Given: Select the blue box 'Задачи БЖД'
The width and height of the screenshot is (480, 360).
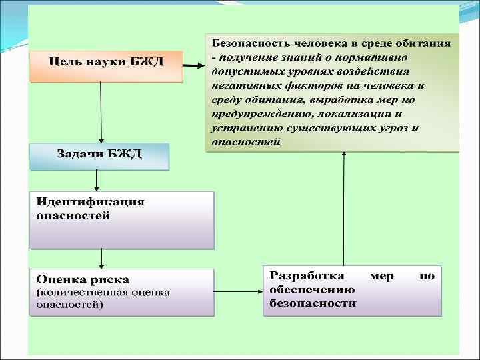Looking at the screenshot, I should (x=99, y=155).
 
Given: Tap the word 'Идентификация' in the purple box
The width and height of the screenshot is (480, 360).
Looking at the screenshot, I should (x=90, y=202).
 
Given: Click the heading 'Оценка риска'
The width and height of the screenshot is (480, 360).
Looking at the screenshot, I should (x=83, y=279).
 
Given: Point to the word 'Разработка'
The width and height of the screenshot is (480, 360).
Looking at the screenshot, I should (x=307, y=276).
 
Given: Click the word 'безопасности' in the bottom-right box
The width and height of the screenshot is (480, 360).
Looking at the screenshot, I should (x=313, y=303).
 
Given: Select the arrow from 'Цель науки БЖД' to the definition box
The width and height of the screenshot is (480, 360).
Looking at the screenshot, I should (x=194, y=66).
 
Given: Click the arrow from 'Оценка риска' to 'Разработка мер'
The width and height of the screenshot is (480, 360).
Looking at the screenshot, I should (x=238, y=291).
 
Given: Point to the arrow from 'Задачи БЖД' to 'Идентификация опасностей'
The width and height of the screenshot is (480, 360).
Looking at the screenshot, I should (x=97, y=179).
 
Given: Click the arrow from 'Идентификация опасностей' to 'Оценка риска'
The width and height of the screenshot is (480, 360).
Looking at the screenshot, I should (x=101, y=258).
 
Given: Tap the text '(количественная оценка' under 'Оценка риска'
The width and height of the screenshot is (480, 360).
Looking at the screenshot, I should (x=103, y=292).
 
